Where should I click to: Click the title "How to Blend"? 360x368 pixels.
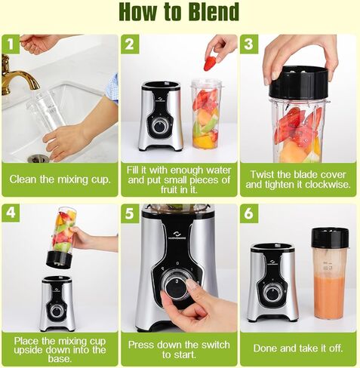click(180, 12)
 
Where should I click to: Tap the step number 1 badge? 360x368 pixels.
click(11, 44)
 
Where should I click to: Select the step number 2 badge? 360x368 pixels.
click(130, 44)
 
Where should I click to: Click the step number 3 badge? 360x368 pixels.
click(250, 44)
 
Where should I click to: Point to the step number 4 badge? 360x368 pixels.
click(11, 213)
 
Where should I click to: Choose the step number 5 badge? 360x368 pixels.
click(130, 213)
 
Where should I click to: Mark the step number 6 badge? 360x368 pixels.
click(250, 213)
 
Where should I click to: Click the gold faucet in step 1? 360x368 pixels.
click(17, 79)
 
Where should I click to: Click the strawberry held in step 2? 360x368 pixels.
click(210, 63)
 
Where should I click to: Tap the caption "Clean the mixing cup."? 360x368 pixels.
click(60, 180)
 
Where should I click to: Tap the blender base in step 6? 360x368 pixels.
click(272, 283)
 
